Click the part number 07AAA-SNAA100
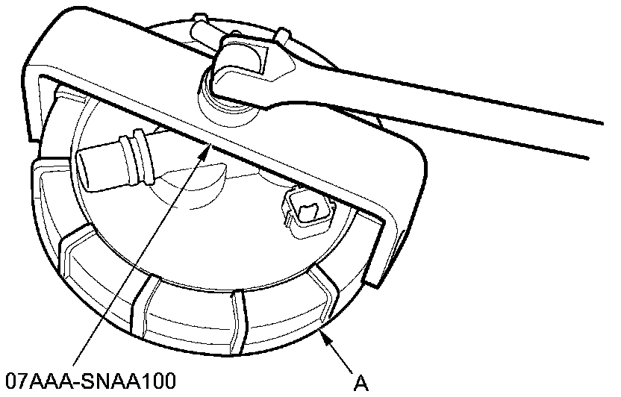[x=90, y=382]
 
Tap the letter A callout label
[x=361, y=383]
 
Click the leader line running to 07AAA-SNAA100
[x=142, y=261]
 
